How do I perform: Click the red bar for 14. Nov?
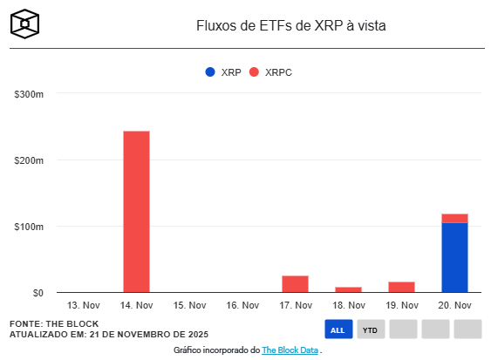point(136,212)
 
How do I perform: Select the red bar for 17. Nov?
point(295,284)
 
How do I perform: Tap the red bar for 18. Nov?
point(348,289)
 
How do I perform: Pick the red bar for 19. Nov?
point(401,287)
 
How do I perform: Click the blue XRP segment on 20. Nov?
point(454,258)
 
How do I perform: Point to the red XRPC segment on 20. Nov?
point(454,218)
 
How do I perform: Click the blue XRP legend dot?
point(209,72)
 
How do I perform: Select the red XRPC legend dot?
point(255,72)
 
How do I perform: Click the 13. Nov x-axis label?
point(84,306)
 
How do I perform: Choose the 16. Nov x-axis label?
point(242,306)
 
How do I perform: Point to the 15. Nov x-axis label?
point(189,306)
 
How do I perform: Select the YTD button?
point(371,329)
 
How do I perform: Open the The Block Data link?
point(290,350)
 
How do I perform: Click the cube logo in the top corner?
point(26,24)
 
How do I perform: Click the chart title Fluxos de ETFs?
point(290,26)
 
